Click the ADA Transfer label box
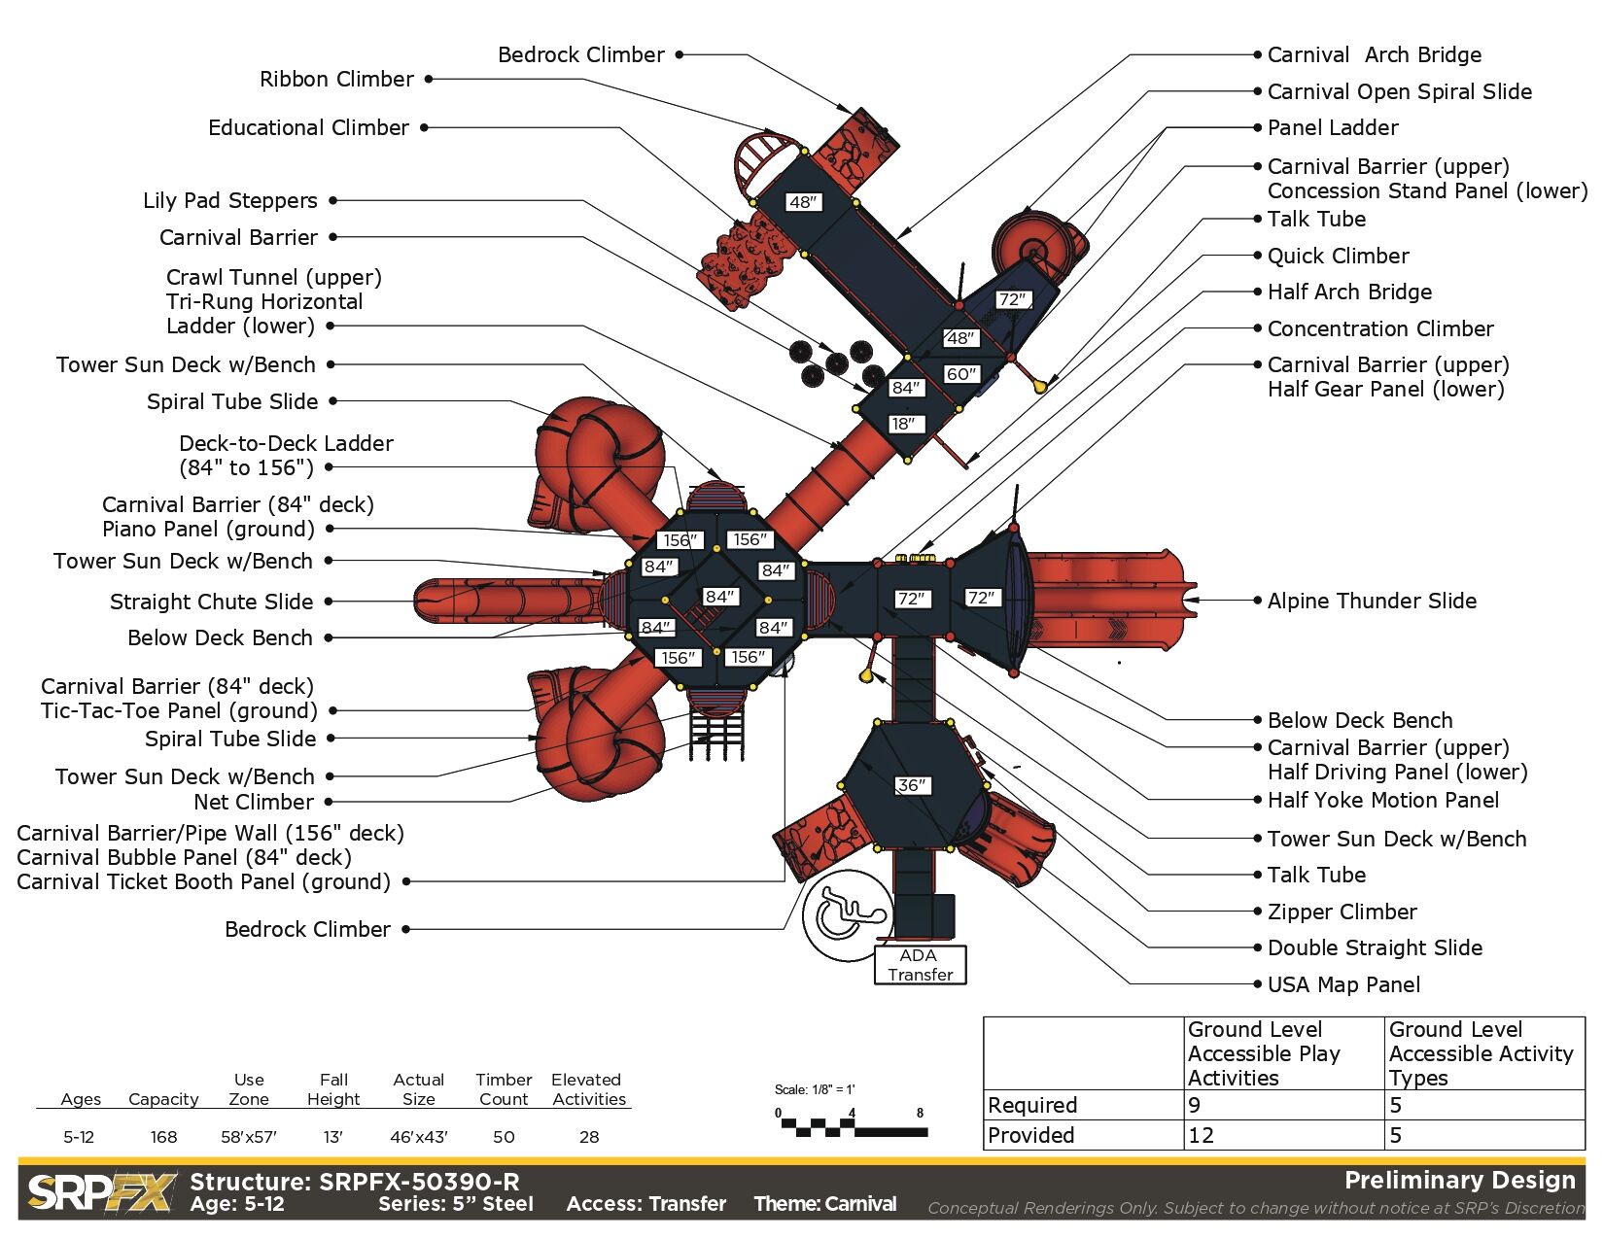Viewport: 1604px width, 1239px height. [x=920, y=965]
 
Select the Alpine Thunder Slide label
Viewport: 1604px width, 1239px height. [x=1372, y=601]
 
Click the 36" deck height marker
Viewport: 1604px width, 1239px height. [x=912, y=785]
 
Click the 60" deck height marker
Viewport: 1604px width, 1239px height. [x=960, y=374]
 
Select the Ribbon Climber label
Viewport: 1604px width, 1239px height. [x=336, y=79]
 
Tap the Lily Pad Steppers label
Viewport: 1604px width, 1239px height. [x=229, y=200]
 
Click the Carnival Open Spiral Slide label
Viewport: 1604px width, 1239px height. [x=1399, y=91]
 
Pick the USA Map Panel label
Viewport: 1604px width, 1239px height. [x=1343, y=984]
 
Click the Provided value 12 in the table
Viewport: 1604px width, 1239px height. [x=1202, y=1135]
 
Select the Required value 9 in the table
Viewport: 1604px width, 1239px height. [x=1195, y=1105]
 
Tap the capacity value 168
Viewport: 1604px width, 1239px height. [x=163, y=1136]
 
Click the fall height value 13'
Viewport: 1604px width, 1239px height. [x=332, y=1136]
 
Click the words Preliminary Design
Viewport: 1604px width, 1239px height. [x=1459, y=1180]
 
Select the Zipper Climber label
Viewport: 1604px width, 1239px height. [x=1342, y=912]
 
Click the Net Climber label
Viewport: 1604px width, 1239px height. [x=254, y=802]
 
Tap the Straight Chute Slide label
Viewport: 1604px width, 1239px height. [x=211, y=602]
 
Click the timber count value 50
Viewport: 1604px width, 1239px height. [x=504, y=1136]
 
